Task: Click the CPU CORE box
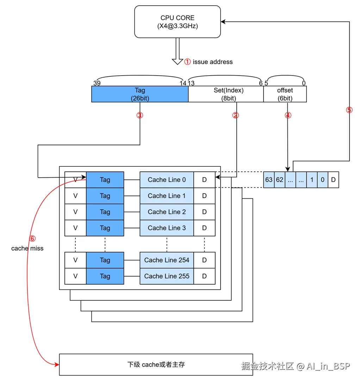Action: [177, 22]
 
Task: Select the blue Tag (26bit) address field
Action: [140, 94]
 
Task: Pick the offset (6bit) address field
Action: [285, 94]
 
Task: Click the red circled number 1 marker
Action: [187, 62]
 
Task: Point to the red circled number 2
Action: [236, 115]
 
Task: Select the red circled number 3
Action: [140, 115]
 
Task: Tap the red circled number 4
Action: [288, 115]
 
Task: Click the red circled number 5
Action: [349, 110]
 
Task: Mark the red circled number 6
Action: [32, 239]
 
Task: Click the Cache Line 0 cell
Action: [167, 180]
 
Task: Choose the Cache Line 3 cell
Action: [167, 228]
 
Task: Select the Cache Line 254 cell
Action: [167, 260]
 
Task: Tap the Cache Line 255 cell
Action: [167, 276]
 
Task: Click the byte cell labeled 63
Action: [269, 180]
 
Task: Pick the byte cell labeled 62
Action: [280, 180]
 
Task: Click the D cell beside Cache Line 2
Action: [204, 212]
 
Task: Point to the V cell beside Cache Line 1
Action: [75, 196]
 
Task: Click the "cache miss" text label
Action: [27, 248]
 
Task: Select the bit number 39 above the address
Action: [97, 83]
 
